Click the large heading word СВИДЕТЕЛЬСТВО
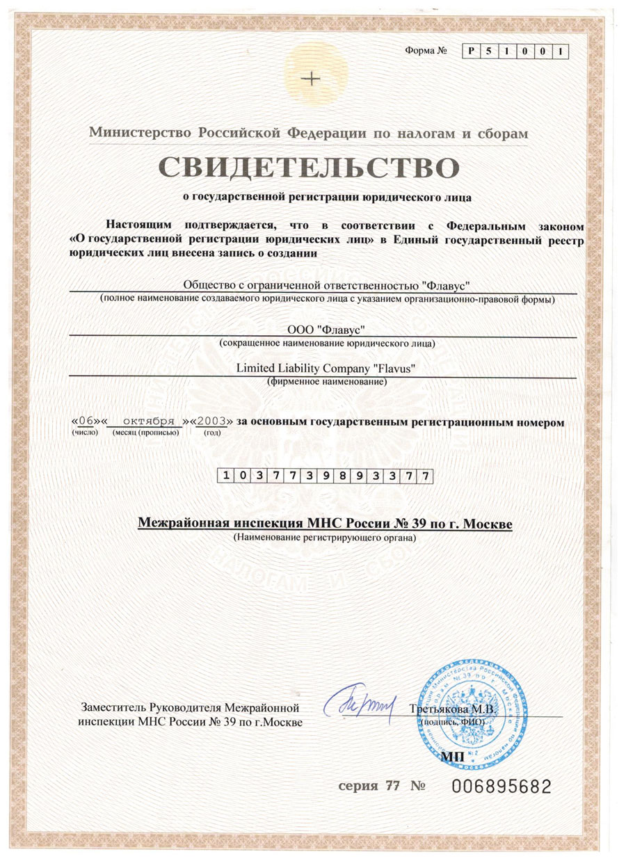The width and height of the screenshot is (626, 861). tap(310, 168)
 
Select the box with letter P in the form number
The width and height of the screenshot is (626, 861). tap(472, 51)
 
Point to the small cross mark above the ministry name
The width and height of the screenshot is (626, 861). tap(314, 79)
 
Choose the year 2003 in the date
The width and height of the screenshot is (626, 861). tap(210, 421)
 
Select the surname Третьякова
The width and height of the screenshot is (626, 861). tap(437, 709)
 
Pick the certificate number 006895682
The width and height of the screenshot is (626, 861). tap(501, 787)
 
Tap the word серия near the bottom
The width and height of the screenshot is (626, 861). tap(357, 787)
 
